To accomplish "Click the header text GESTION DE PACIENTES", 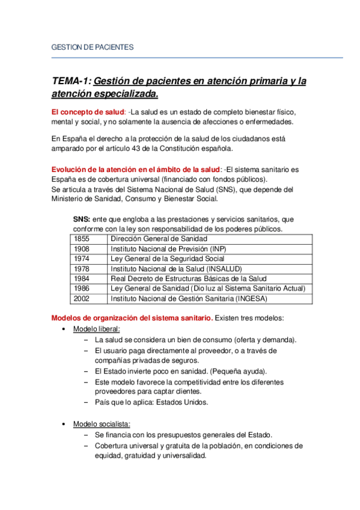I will click(93, 47).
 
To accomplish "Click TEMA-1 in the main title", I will click(72, 81).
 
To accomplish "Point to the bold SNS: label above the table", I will click(82, 220).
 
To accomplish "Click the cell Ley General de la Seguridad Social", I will click(168, 259).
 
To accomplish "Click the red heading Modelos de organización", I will click(132, 318).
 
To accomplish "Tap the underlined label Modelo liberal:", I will click(96, 329).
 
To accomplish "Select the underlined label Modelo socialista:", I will click(101, 424).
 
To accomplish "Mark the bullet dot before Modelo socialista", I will click(64, 425).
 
